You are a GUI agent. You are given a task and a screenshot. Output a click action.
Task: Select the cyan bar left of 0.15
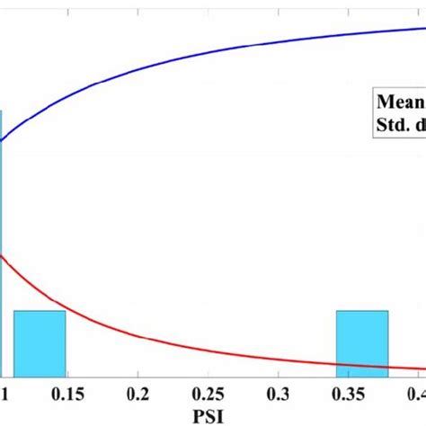pyautogui.click(x=40, y=343)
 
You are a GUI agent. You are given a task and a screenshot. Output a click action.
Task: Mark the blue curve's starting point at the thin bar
pyautogui.click(x=3, y=140)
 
